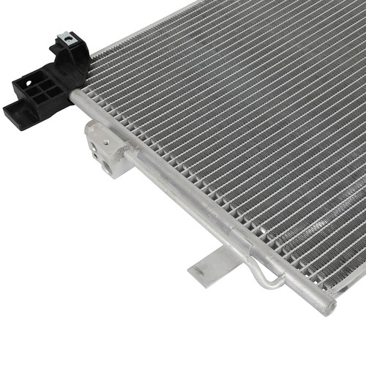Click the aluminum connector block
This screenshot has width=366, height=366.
108,146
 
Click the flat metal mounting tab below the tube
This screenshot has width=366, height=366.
212,264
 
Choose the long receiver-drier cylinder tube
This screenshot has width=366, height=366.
220,220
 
